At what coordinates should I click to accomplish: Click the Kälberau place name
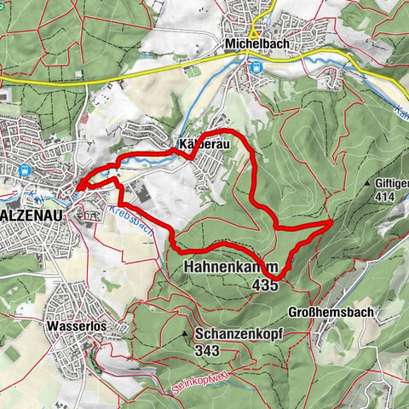[201, 144]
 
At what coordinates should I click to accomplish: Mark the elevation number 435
[264, 286]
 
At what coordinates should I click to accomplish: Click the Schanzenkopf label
[238, 335]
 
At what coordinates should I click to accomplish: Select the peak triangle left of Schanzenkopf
[185, 334]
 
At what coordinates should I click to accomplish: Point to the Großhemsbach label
[332, 312]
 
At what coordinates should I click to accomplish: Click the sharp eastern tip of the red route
[331, 222]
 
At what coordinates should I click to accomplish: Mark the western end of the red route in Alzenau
[76, 185]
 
